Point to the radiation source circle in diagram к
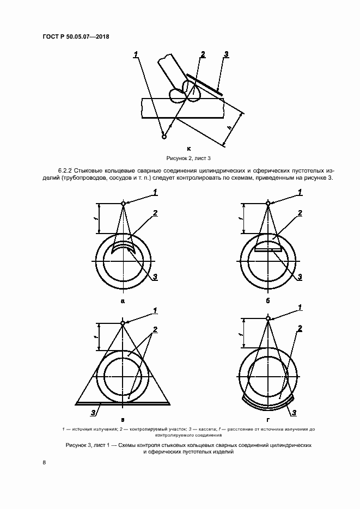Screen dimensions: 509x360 [164, 136]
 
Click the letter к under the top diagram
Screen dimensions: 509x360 [188, 148]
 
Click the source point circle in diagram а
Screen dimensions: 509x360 [124, 204]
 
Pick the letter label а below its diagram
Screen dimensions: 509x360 [123, 301]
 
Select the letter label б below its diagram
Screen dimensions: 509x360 [267, 301]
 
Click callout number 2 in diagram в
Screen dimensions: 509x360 [155, 330]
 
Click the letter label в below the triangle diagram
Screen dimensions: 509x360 [123, 420]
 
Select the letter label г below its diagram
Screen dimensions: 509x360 [267, 420]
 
